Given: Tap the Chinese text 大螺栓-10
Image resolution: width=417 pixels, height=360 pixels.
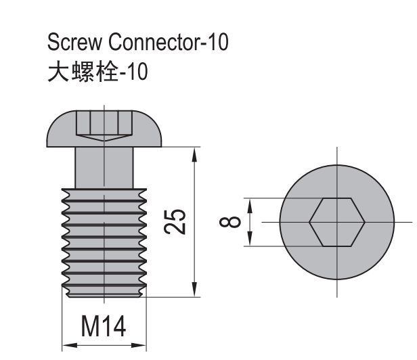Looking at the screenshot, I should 97,70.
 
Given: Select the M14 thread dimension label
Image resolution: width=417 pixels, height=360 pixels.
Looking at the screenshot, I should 104,328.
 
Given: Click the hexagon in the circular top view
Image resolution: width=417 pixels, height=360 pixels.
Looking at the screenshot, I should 336,222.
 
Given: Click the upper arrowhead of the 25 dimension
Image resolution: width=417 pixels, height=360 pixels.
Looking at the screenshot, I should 195,154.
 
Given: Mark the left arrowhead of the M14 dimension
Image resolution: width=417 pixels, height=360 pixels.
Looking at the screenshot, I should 68,345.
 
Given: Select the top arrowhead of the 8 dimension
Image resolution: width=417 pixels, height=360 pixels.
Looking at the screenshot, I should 250,205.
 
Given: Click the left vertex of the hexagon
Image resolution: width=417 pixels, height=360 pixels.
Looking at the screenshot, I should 310,222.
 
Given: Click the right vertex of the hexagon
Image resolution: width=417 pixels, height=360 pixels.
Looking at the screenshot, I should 364,222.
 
